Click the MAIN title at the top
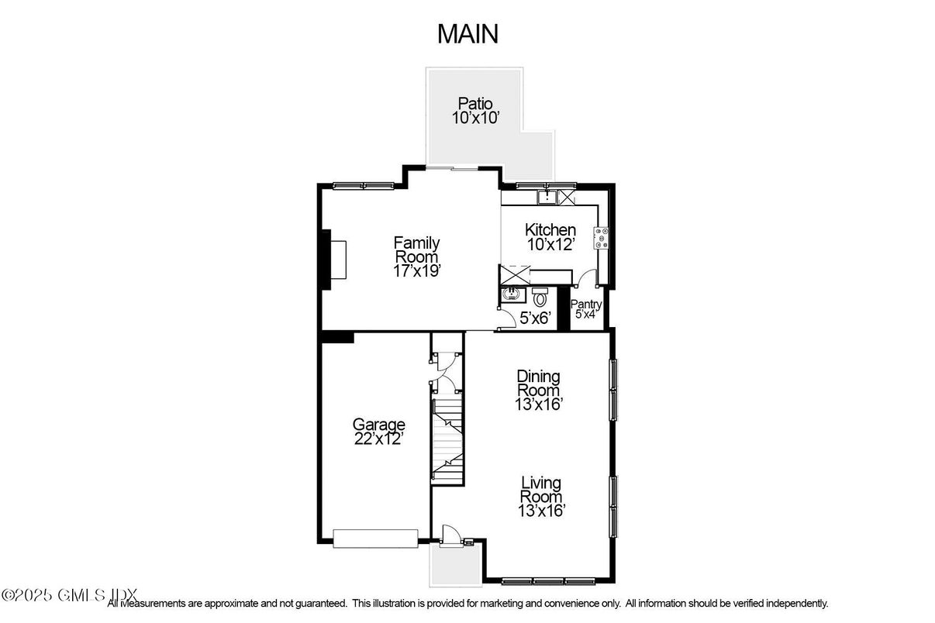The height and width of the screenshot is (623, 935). pyautogui.click(x=467, y=34)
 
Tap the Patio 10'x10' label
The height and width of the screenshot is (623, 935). pyautogui.click(x=474, y=111)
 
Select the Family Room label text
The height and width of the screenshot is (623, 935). pyautogui.click(x=416, y=250)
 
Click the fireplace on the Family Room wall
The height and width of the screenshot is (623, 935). pyautogui.click(x=333, y=259)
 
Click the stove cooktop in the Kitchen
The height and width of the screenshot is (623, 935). pyautogui.click(x=602, y=238)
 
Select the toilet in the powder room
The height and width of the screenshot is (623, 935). pyautogui.click(x=540, y=297)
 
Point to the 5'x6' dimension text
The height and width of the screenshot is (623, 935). pyautogui.click(x=535, y=317)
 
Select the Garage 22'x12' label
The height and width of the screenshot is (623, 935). pyautogui.click(x=379, y=431)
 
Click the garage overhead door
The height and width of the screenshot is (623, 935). pyautogui.click(x=375, y=538)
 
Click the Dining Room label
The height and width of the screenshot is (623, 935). pyautogui.click(x=539, y=390)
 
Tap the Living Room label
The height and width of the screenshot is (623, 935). pyautogui.click(x=540, y=496)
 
